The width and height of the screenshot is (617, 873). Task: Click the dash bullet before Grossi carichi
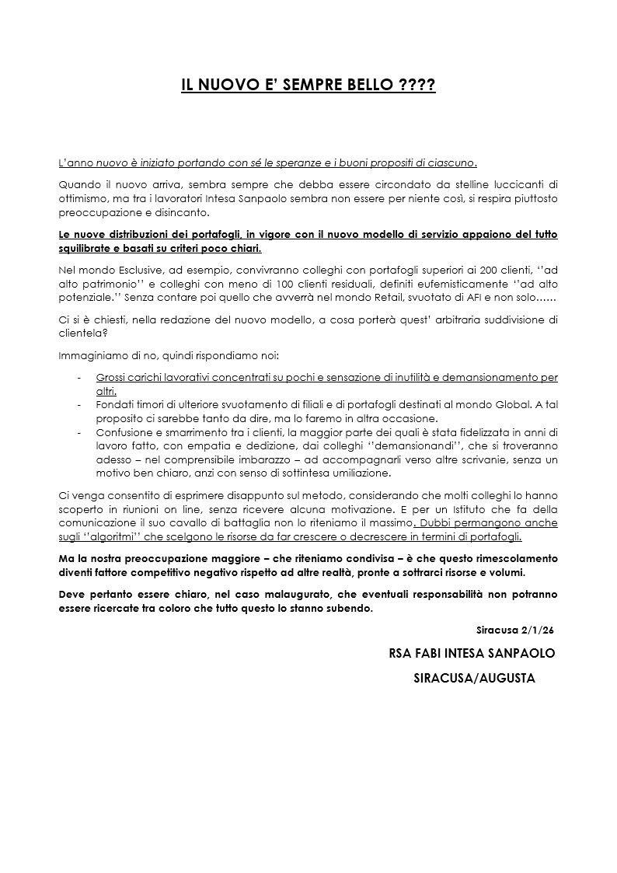80,378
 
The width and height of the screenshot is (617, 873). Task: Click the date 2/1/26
539,629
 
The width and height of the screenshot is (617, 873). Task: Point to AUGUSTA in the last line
506,678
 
